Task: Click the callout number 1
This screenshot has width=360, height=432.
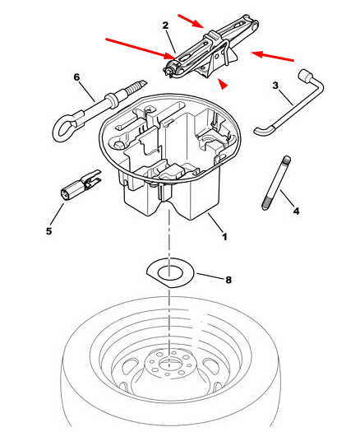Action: (224, 237)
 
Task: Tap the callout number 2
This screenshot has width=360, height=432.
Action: (165, 26)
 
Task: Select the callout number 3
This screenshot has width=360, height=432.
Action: (275, 86)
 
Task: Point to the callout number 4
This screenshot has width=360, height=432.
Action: (296, 211)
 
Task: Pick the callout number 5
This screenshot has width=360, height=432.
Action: (48, 231)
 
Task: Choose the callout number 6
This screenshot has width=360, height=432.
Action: (76, 77)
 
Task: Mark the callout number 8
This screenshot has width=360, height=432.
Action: (228, 280)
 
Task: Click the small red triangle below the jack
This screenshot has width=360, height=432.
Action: (223, 84)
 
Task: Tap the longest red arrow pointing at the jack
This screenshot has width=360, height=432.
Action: (141, 49)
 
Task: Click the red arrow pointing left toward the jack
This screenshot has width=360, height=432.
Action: (272, 56)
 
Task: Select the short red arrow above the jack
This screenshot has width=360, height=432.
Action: (191, 21)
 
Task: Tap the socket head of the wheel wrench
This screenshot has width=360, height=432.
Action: (303, 75)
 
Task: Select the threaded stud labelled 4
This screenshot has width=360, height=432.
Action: (275, 183)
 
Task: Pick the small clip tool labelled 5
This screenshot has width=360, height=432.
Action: (80, 184)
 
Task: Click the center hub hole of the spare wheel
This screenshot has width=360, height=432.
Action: (168, 363)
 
